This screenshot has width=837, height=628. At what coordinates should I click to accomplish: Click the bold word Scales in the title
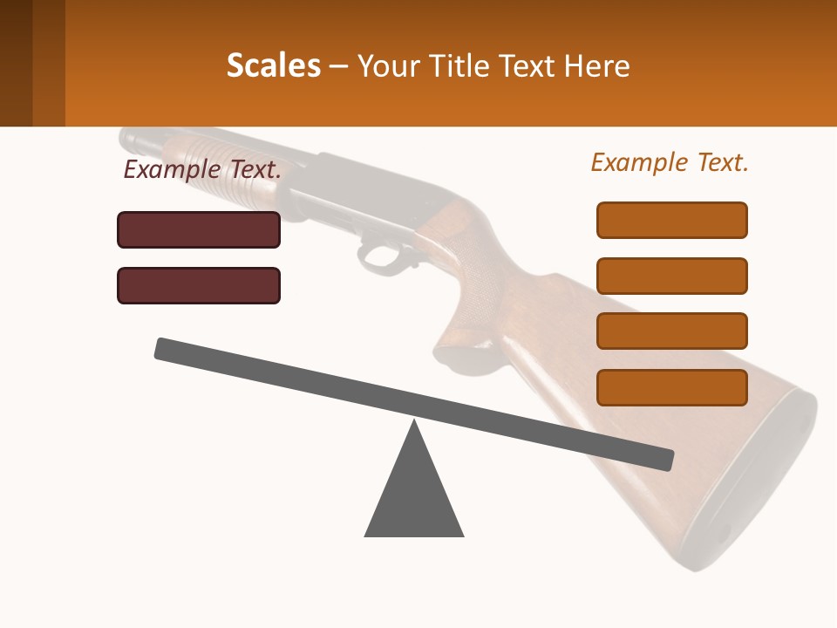(x=273, y=65)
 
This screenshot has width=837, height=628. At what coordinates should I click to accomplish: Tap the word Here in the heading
(x=597, y=65)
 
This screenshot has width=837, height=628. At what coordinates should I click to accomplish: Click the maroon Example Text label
(x=202, y=169)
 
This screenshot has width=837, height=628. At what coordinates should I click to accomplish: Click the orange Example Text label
(x=670, y=162)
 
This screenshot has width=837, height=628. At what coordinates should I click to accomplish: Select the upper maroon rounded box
(x=199, y=229)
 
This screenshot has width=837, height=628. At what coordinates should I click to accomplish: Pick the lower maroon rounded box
(x=199, y=285)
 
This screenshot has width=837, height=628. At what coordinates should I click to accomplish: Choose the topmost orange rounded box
(x=671, y=220)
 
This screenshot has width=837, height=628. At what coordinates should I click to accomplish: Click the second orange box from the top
(x=671, y=276)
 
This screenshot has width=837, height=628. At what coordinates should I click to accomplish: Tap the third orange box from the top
(x=671, y=331)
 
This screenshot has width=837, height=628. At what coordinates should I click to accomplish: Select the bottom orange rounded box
(x=671, y=387)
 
